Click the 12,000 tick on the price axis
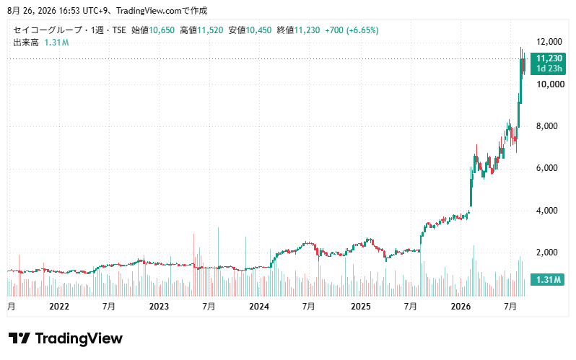549,42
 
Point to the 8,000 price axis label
547,126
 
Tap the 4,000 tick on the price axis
547,211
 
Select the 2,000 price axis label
547,253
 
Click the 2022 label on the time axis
59,307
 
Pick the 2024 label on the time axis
259,307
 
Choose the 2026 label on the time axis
461,307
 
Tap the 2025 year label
360,307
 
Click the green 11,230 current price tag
548,63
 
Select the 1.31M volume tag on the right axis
547,280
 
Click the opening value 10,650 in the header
162,30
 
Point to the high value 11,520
210,30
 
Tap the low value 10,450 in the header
258,30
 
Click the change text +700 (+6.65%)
352,30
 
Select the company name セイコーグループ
48,30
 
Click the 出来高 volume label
26,43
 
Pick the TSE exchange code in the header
119,30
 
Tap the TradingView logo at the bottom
66,338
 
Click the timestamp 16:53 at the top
69,11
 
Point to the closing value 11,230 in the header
307,30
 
